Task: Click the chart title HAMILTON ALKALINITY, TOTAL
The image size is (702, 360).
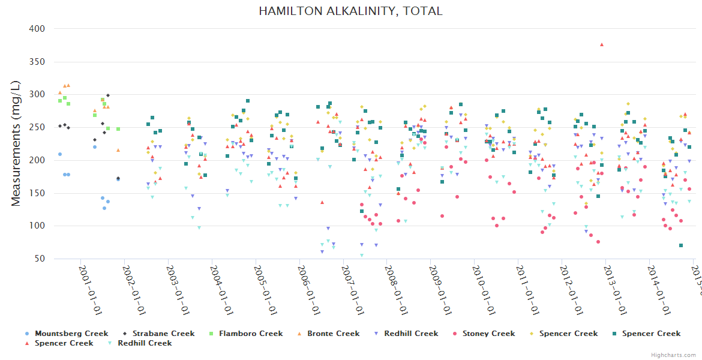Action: pos(351,11)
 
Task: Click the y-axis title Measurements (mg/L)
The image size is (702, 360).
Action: pos(16,143)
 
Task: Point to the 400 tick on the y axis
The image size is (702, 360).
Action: pos(37,29)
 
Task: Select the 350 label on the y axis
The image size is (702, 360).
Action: pos(37,62)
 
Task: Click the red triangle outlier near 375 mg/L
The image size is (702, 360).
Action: pos(602,44)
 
